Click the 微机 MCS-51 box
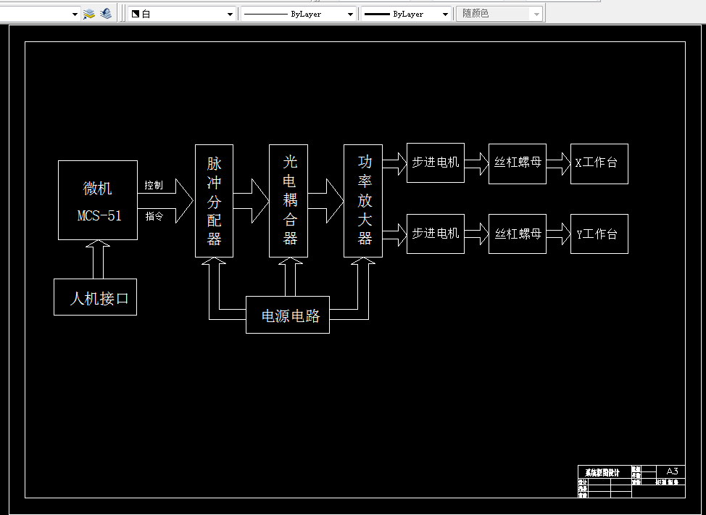click(98, 200)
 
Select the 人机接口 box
click(95, 297)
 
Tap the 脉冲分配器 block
click(214, 201)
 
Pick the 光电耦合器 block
click(288, 201)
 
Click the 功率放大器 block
click(363, 201)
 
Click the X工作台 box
click(599, 163)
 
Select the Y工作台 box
click(599, 234)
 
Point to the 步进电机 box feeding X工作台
click(435, 163)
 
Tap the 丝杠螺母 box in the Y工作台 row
click(518, 234)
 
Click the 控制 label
click(154, 186)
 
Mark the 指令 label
click(154, 216)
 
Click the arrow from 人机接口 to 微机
click(97, 259)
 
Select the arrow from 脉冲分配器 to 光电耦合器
click(251, 201)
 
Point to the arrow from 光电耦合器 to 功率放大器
click(325, 201)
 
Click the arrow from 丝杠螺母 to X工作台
click(559, 163)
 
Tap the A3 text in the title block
click(672, 471)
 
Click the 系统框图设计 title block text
click(602, 472)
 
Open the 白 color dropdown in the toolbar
click(182, 14)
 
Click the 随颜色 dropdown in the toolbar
click(500, 14)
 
